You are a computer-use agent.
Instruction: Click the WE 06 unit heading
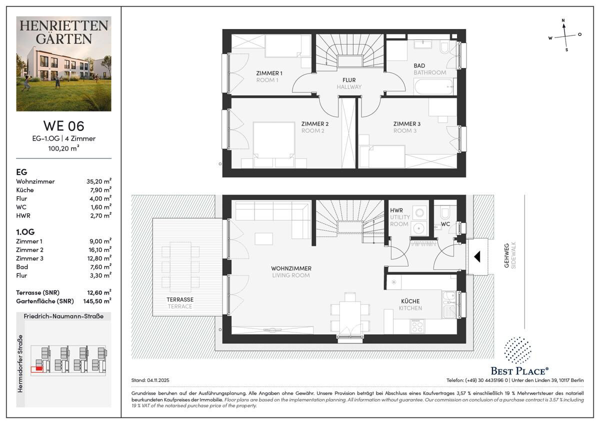63,125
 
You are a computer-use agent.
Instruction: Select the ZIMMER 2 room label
314,123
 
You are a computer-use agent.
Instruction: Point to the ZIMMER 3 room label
406,123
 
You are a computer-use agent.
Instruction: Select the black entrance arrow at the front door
477,257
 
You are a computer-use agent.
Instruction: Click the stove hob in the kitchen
416,326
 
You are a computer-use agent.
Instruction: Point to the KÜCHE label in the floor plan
410,301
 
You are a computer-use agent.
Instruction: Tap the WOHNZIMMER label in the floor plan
291,268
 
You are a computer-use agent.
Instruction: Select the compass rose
565,35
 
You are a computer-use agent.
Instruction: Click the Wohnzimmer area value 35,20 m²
98,181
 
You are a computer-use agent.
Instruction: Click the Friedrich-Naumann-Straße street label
63,316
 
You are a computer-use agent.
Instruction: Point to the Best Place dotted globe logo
517,350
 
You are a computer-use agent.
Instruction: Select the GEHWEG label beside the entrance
506,255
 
